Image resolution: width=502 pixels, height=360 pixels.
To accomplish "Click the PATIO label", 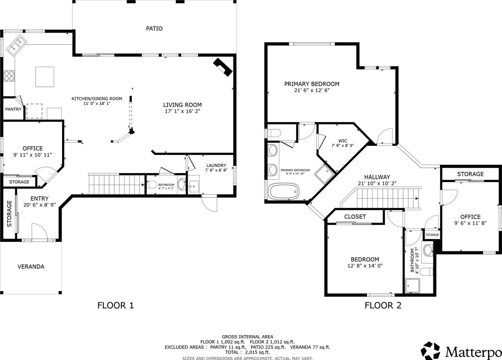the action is [154, 28].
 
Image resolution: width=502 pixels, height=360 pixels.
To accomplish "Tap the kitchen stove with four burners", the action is [9, 76].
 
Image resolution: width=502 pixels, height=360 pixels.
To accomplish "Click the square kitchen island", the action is [45, 77].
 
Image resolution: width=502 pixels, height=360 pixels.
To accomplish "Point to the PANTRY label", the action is [13, 109].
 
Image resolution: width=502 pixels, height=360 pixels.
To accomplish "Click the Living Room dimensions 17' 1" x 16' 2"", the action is [182, 111].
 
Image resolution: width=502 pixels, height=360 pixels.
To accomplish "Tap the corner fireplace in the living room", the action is [223, 67].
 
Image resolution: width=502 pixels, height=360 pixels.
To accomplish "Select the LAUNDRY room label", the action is [216, 165].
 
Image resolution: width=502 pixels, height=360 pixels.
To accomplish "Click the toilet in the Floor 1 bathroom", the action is [152, 185].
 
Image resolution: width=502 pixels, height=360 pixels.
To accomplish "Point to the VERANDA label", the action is [31, 267].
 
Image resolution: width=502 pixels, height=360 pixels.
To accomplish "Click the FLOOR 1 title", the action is [115, 305].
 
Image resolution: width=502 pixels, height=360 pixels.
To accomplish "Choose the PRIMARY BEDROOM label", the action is [312, 84].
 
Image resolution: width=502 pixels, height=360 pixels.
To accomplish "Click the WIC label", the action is [343, 141].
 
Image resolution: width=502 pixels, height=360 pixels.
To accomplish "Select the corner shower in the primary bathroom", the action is [325, 174].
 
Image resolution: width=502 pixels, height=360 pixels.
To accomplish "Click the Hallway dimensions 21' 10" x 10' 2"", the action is [377, 184].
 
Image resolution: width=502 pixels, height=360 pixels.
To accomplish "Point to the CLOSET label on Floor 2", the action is [355, 217].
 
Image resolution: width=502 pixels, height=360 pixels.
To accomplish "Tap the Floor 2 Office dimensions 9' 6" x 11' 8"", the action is [470, 223].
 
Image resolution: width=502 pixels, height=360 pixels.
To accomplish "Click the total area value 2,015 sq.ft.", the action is [258, 352].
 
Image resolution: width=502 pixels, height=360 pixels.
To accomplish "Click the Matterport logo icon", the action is [430, 351].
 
